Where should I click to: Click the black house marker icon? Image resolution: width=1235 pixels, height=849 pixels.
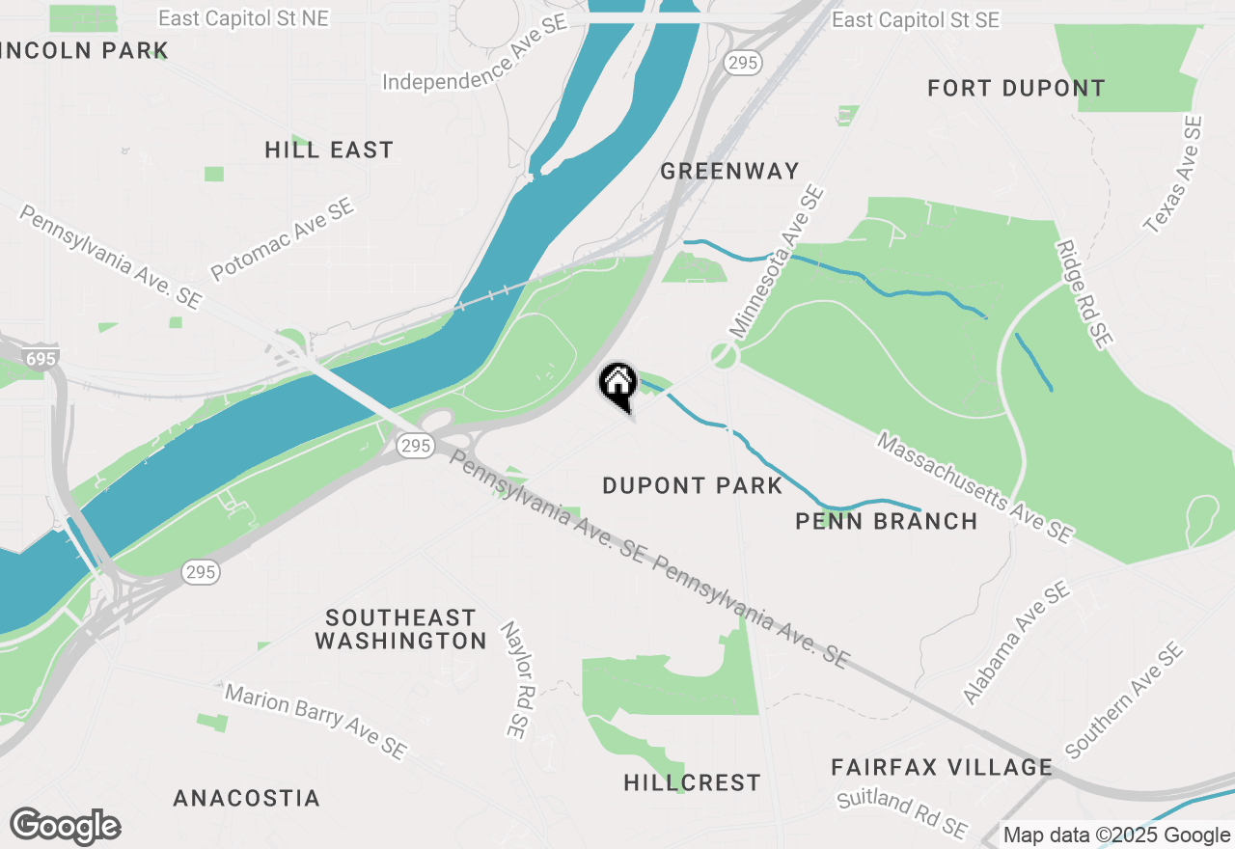pos(618,384)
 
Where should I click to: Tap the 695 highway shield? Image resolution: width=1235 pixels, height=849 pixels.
pos(41,359)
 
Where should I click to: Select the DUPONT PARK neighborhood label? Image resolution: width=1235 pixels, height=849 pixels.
pos(692,485)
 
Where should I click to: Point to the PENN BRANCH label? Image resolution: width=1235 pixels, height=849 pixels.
pos(886,522)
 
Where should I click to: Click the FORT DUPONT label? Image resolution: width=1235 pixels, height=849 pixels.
pos(1016,89)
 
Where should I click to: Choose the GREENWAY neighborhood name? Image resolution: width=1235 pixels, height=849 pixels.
pos(730,172)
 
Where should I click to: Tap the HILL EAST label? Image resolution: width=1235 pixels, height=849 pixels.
pos(329,151)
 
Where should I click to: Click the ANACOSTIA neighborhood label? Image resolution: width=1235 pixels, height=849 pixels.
pos(246,799)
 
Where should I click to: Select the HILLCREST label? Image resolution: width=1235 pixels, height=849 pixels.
pos(692,782)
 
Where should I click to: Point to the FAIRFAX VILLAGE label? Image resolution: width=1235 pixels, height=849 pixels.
pos(942,768)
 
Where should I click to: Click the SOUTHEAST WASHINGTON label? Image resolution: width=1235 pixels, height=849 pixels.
pos(400,629)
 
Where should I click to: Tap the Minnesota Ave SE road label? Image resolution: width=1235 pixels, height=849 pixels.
pos(777,262)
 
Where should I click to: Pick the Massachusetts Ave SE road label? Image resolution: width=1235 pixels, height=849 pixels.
pos(974,487)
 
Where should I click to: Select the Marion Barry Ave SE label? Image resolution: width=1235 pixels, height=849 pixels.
pos(316,721)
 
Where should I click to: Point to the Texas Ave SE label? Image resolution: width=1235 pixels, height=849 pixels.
pos(1173,175)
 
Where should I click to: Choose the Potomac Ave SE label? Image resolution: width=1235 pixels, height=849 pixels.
pos(283,239)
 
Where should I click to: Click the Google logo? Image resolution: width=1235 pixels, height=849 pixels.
pos(65,827)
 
